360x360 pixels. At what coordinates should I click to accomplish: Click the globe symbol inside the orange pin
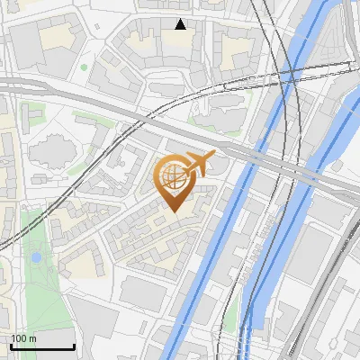click(172, 177)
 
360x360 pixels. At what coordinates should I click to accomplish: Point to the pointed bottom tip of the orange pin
click(172, 211)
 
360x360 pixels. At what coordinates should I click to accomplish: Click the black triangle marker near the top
click(181, 24)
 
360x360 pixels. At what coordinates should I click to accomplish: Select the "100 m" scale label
click(23, 338)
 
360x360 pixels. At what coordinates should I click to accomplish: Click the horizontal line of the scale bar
click(41, 346)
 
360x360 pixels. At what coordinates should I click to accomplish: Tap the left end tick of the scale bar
click(10, 345)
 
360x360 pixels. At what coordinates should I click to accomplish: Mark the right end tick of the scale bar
click(74, 345)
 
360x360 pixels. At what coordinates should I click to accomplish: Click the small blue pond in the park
click(36, 257)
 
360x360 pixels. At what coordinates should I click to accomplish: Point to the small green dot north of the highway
click(85, 67)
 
